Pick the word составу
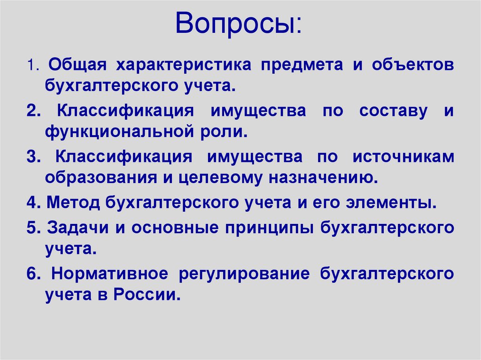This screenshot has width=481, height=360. click(x=394, y=111)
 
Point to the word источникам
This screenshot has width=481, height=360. click(x=403, y=157)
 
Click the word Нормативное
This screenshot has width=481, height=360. click(x=109, y=274)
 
